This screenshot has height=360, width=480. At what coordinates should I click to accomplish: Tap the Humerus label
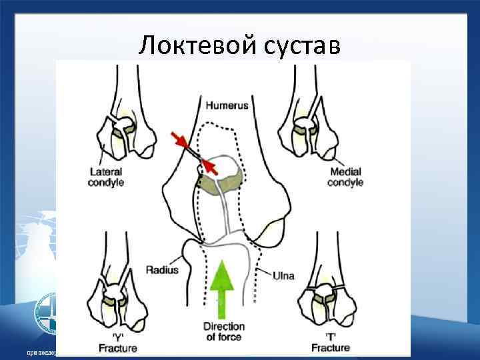(227, 105)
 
